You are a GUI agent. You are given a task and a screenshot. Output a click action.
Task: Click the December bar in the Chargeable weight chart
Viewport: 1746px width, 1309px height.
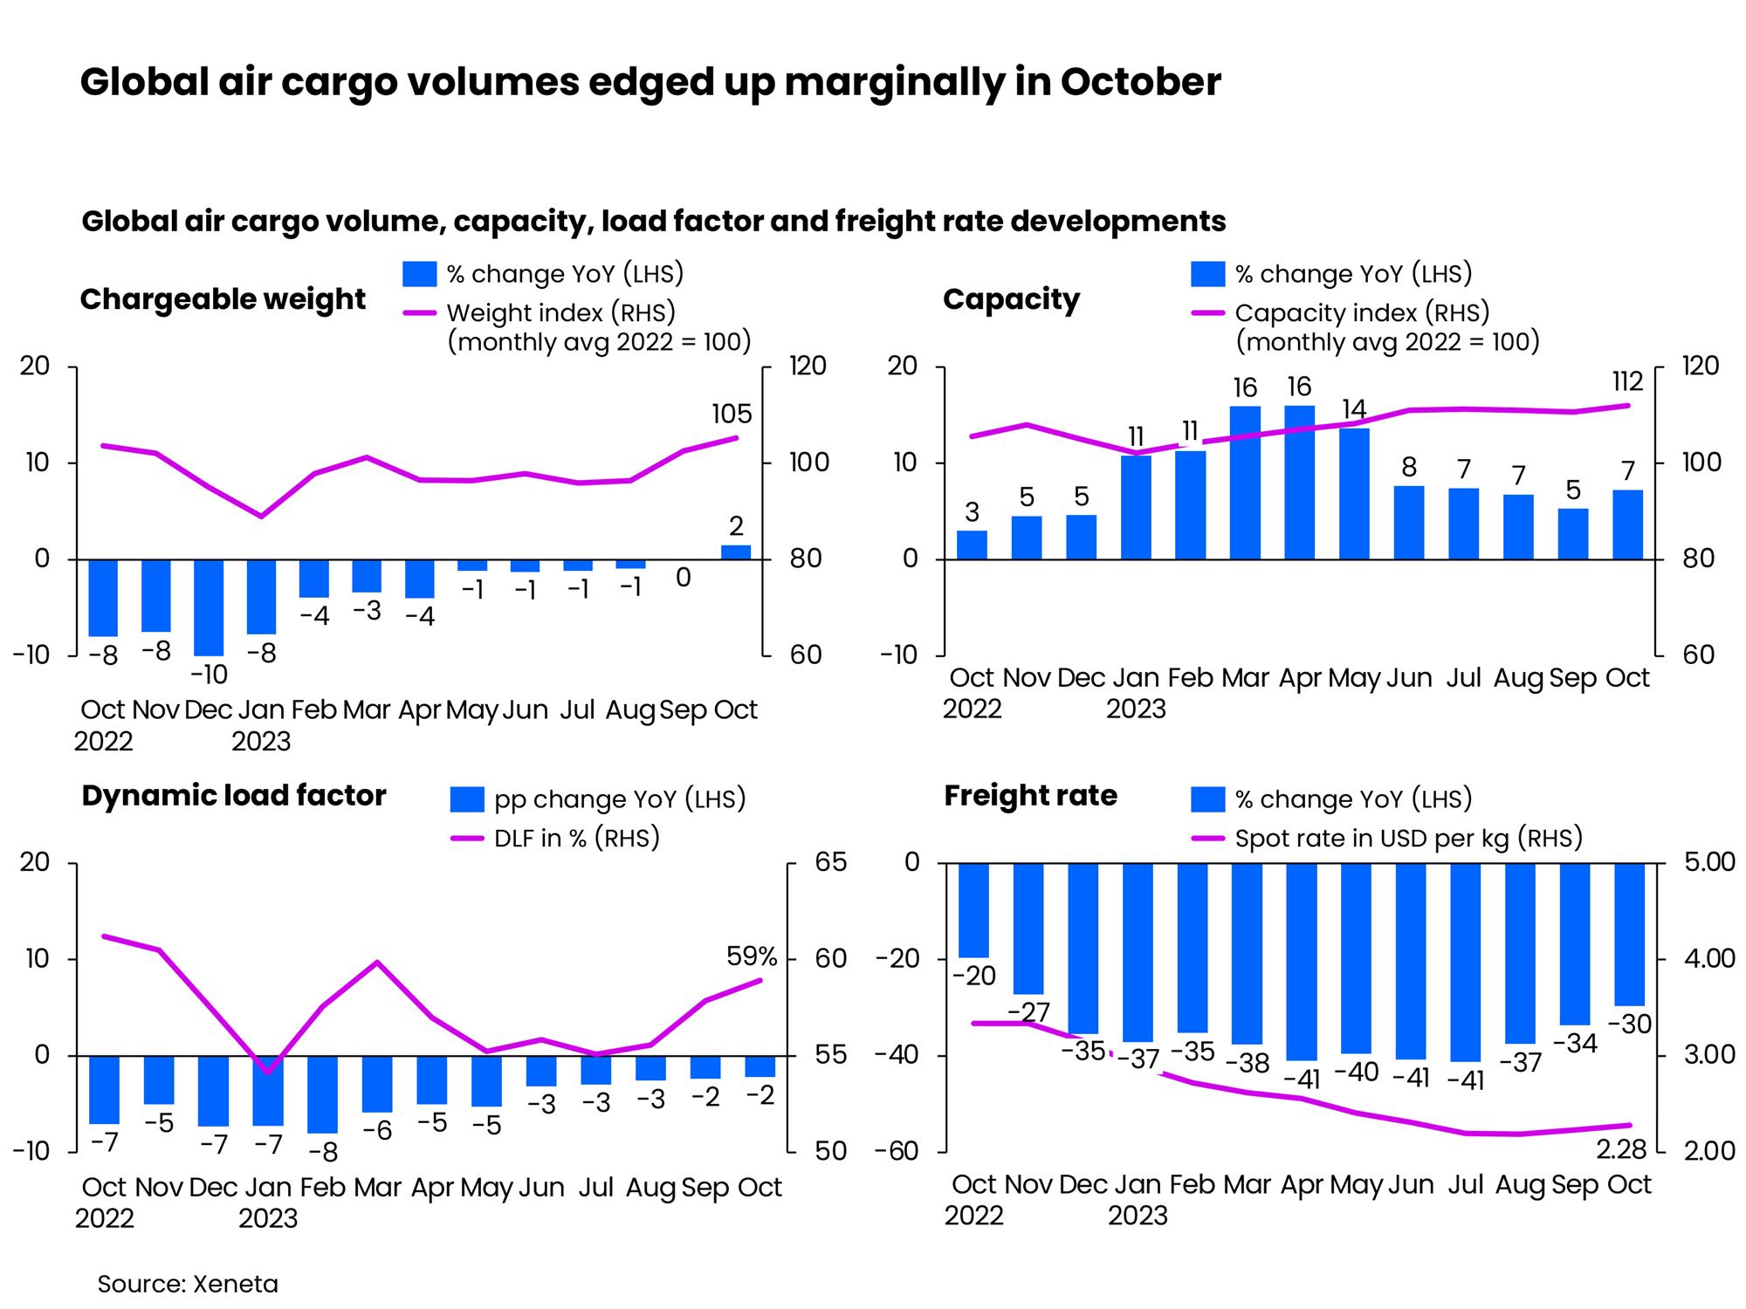pyautogui.click(x=209, y=607)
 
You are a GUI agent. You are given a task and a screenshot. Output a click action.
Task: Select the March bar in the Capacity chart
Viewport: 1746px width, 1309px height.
pyautogui.click(x=1245, y=483)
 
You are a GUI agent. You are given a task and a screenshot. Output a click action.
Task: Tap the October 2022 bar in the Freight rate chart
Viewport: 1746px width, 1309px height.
pyautogui.click(x=973, y=910)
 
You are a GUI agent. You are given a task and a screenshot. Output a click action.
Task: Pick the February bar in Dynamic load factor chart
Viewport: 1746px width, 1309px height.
pyautogui.click(x=322, y=1094)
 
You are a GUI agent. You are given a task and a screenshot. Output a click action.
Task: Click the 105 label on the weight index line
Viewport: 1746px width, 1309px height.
pyautogui.click(x=732, y=414)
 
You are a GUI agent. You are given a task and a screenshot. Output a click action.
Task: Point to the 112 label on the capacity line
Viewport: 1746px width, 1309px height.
pyautogui.click(x=1627, y=381)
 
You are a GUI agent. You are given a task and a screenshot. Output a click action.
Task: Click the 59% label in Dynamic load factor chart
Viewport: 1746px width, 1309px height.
pyautogui.click(x=752, y=956)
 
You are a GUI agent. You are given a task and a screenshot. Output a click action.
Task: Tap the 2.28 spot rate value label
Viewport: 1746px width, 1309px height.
pyautogui.click(x=1621, y=1150)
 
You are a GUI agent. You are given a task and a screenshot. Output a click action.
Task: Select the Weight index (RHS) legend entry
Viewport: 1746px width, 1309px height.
pyautogui.click(x=560, y=312)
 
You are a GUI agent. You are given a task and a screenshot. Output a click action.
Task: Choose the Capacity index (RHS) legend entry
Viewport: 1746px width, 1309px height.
pyautogui.click(x=1362, y=312)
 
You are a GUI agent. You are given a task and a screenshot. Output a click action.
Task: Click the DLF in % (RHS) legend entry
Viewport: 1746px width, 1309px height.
pyautogui.click(x=576, y=839)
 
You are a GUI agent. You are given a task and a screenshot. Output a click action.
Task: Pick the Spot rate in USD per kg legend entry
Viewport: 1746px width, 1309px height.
pyautogui.click(x=1408, y=839)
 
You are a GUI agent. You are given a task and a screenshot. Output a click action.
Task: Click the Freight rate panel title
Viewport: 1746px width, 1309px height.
pyautogui.click(x=1030, y=796)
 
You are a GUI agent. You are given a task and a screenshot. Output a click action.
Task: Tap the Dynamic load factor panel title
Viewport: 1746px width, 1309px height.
pyautogui.click(x=234, y=796)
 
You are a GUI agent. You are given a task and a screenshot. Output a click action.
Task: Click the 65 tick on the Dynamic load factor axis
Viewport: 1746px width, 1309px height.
pyautogui.click(x=832, y=862)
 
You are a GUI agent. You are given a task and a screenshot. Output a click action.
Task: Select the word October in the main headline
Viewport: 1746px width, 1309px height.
pyautogui.click(x=1140, y=82)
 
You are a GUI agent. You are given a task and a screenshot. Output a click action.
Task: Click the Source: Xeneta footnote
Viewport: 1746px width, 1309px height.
pyautogui.click(x=188, y=1284)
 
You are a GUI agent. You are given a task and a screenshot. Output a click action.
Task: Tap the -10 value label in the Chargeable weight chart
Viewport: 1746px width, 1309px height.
pyautogui.click(x=209, y=675)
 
